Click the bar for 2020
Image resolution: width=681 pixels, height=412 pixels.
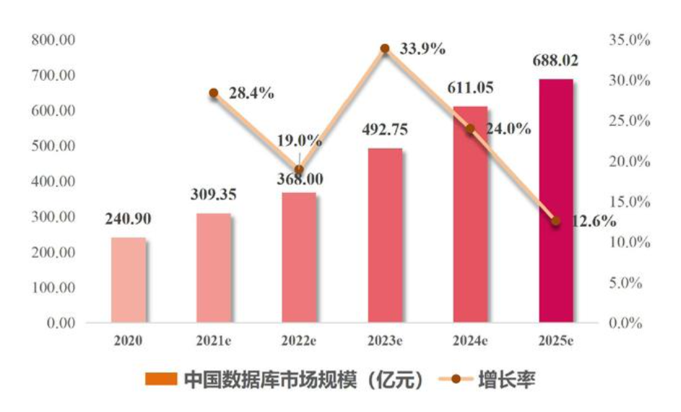pyautogui.click(x=129, y=279)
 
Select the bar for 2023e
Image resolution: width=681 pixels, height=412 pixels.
pyautogui.click(x=385, y=235)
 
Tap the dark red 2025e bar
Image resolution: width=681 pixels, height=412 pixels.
pyautogui.click(x=556, y=200)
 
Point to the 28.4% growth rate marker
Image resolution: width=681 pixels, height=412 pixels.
pyautogui.click(x=214, y=93)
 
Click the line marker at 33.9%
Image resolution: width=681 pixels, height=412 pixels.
pyautogui.click(x=385, y=49)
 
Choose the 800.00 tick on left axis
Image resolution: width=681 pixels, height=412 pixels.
pyautogui.click(x=55, y=40)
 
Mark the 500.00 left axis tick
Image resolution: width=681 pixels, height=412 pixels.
pyautogui.click(x=55, y=147)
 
